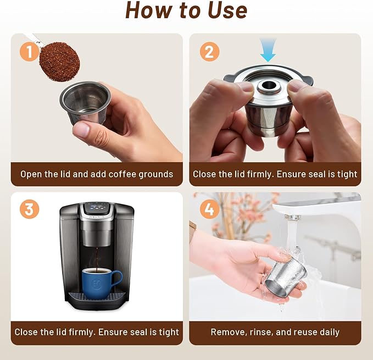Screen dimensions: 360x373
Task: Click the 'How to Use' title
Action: tap(186, 10)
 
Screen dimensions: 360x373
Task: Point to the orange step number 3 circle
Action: tap(30, 210)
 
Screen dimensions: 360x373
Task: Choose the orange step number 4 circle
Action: tap(209, 210)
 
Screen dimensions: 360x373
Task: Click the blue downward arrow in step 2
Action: tap(268, 49)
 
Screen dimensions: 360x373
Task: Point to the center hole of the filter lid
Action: tap(271, 86)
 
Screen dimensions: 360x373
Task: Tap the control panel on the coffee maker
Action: tap(97, 211)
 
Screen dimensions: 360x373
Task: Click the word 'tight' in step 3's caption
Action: tap(167, 332)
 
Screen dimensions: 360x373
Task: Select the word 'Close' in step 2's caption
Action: tap(204, 174)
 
